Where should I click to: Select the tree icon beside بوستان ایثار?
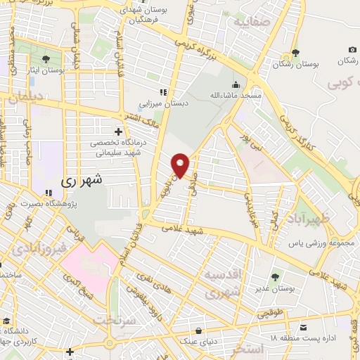tap(46, 58)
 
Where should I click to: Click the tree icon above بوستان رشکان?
tap(295, 53)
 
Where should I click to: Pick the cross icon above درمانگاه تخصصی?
tap(118, 131)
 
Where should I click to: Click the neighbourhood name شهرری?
tap(82, 180)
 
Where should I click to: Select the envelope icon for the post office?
tap(303, 327)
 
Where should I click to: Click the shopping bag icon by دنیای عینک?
tap(200, 330)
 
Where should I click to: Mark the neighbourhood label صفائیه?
tap(252, 21)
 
